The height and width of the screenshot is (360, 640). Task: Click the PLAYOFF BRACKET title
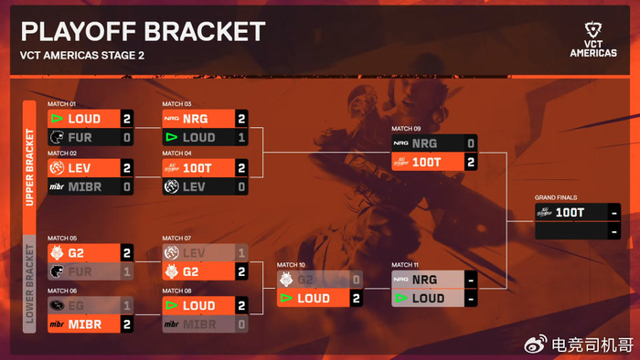click(x=143, y=31)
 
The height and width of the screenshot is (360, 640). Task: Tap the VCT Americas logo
click(x=593, y=39)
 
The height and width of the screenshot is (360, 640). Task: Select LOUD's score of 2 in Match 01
click(x=127, y=119)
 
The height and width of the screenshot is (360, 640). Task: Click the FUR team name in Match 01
click(x=80, y=137)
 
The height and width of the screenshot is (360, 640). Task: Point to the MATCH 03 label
click(x=176, y=104)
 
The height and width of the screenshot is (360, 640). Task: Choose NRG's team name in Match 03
click(x=196, y=119)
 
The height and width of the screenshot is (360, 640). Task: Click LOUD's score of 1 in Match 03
click(x=241, y=137)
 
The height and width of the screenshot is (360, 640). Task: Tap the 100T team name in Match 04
click(x=197, y=168)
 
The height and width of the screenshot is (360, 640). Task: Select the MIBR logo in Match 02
click(x=57, y=186)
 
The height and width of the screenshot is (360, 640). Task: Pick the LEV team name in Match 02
click(x=80, y=168)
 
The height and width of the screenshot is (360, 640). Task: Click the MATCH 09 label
click(x=406, y=129)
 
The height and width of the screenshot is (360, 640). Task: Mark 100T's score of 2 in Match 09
click(x=471, y=163)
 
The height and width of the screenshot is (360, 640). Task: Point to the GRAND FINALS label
click(x=556, y=197)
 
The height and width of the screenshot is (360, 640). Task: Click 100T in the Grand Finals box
click(x=570, y=212)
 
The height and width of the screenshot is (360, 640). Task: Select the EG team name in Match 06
click(x=76, y=305)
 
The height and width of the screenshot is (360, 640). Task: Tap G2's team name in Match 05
click(x=76, y=253)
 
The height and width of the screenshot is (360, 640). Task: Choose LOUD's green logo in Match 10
click(x=286, y=298)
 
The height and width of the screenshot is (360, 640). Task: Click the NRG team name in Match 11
click(x=425, y=280)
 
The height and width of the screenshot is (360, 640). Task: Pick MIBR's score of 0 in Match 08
click(x=241, y=324)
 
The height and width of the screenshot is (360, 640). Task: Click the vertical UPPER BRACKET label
click(x=29, y=167)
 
